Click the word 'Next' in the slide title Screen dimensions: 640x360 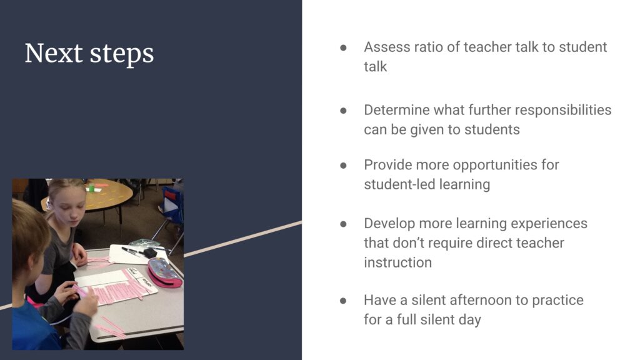(54, 54)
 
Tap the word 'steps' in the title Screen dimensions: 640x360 (122, 55)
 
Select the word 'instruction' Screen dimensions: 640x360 (397, 262)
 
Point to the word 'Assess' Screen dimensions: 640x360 (387, 47)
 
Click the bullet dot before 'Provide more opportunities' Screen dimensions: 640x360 (343, 165)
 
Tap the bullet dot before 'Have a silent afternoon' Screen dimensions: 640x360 (343, 301)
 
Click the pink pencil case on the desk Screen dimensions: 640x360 (164, 272)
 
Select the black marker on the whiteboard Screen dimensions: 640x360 (131, 251)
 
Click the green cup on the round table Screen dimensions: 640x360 (91, 187)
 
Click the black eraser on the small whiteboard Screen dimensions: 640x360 (150, 253)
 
